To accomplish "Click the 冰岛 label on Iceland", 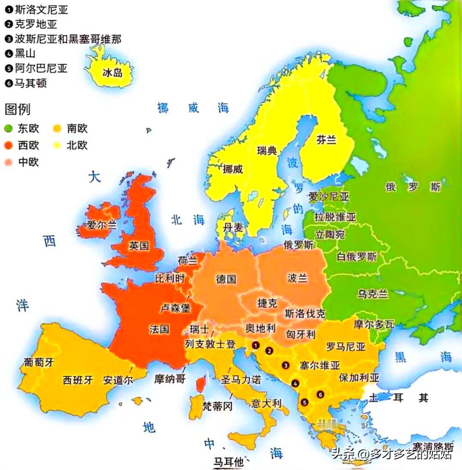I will (113, 73).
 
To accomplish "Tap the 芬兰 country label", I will (326, 140).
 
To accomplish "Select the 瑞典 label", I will (267, 150).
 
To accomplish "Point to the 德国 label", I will (226, 279).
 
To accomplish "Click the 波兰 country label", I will (297, 278).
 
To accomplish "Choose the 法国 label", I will (160, 329).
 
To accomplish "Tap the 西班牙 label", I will (78, 380).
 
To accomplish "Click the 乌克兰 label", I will (373, 294).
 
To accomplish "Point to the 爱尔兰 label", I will (101, 225).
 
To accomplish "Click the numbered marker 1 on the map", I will (256, 344).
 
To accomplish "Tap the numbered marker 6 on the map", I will (320, 394).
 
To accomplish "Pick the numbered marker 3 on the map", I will (285, 365).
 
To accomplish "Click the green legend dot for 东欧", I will (8, 129).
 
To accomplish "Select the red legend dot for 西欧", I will (8, 145).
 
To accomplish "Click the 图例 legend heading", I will (18, 109).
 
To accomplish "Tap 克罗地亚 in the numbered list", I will (36, 24).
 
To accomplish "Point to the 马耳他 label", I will (228, 462).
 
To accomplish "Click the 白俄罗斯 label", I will (357, 257).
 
